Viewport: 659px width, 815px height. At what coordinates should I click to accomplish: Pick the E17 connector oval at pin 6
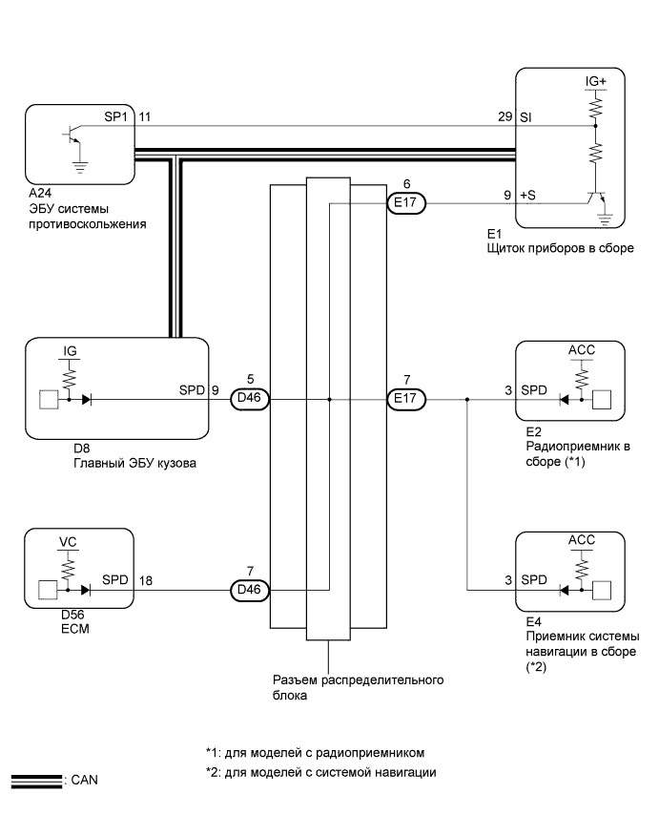click(408, 201)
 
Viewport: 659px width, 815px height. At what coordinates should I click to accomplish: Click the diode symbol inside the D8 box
click(89, 399)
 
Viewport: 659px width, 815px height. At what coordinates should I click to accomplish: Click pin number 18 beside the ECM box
click(145, 579)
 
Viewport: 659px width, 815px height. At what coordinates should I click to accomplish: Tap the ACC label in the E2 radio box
click(581, 350)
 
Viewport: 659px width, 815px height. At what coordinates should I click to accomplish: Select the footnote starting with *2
click(321, 772)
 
